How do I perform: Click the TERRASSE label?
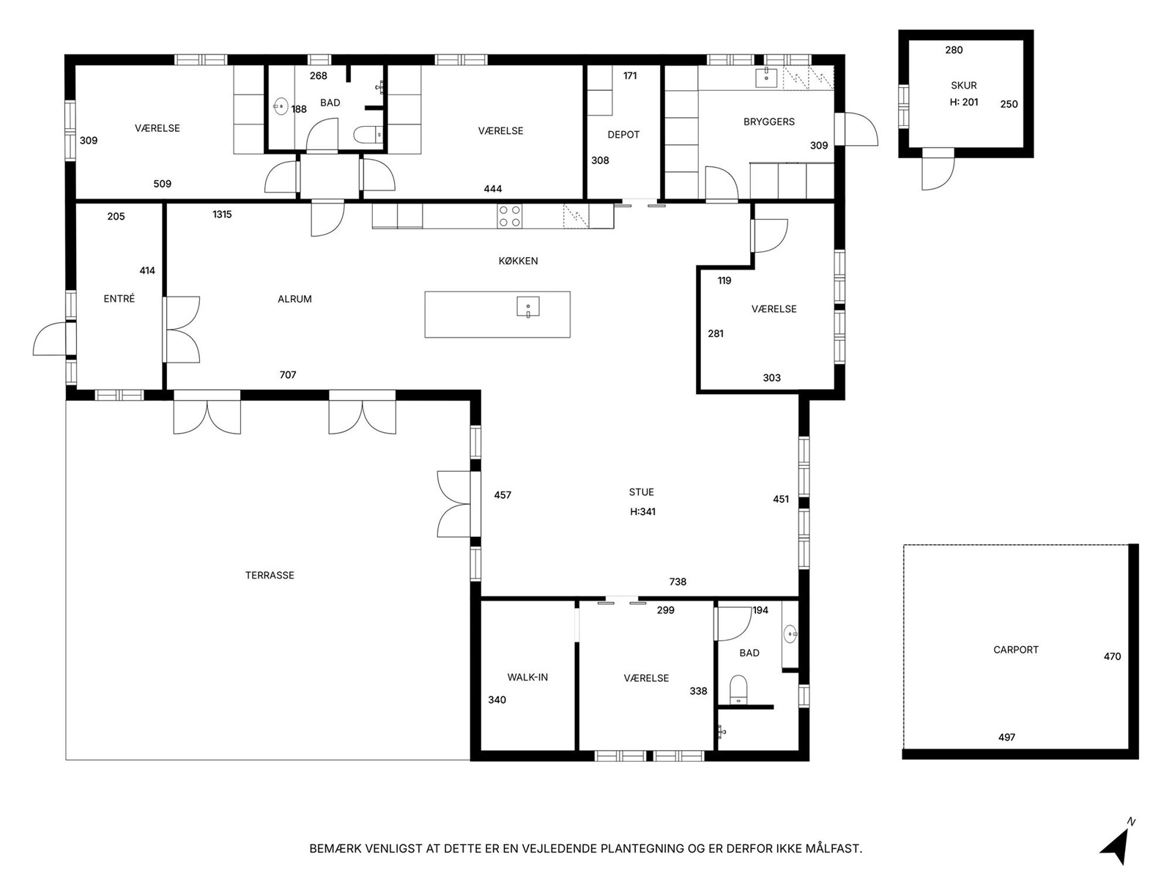coord(270,575)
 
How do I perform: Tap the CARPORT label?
coord(1015,650)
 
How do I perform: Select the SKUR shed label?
coord(964,86)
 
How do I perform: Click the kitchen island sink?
coord(528,307)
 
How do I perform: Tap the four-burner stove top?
coord(509,216)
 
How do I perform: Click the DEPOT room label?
coord(623,135)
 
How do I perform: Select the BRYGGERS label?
coord(769,122)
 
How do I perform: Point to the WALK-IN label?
coord(527,678)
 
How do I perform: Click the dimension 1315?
coord(222,215)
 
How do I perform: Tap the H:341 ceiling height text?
coord(643,512)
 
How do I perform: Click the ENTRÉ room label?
coord(119,299)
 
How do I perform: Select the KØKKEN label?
coord(518,261)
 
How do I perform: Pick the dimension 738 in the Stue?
coord(678,582)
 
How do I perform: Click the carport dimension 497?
coord(1006,738)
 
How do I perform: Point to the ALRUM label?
coord(294,300)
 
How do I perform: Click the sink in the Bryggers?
coord(767,78)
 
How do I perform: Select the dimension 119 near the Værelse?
coord(724,281)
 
